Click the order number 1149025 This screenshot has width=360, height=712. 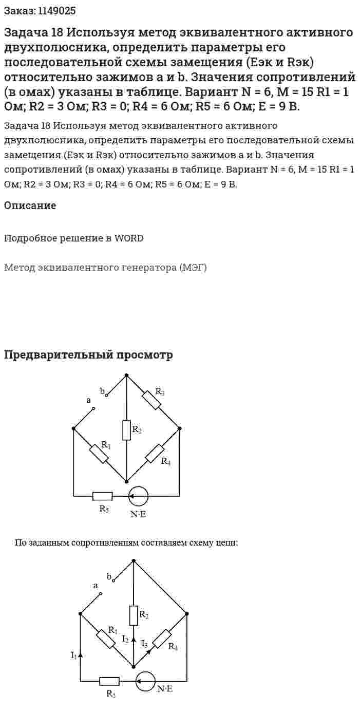tap(57, 11)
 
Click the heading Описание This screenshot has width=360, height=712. tap(30, 205)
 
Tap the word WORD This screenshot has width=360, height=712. tap(129, 238)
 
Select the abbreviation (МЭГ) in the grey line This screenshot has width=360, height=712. tap(193, 268)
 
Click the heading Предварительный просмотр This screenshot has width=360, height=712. tap(88, 355)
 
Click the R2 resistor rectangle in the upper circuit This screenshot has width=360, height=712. tap(126, 430)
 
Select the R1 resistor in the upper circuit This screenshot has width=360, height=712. tap(99, 454)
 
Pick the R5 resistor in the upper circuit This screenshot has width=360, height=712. tap(102, 496)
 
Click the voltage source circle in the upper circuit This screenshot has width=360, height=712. tap(138, 496)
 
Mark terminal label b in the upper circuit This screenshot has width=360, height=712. tap(102, 391)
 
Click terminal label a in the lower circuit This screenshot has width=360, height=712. tap(96, 586)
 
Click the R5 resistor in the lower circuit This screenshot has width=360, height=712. tap(109, 681)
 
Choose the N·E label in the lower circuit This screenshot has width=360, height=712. tap(164, 689)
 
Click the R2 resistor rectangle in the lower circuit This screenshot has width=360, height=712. tap(134, 616)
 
